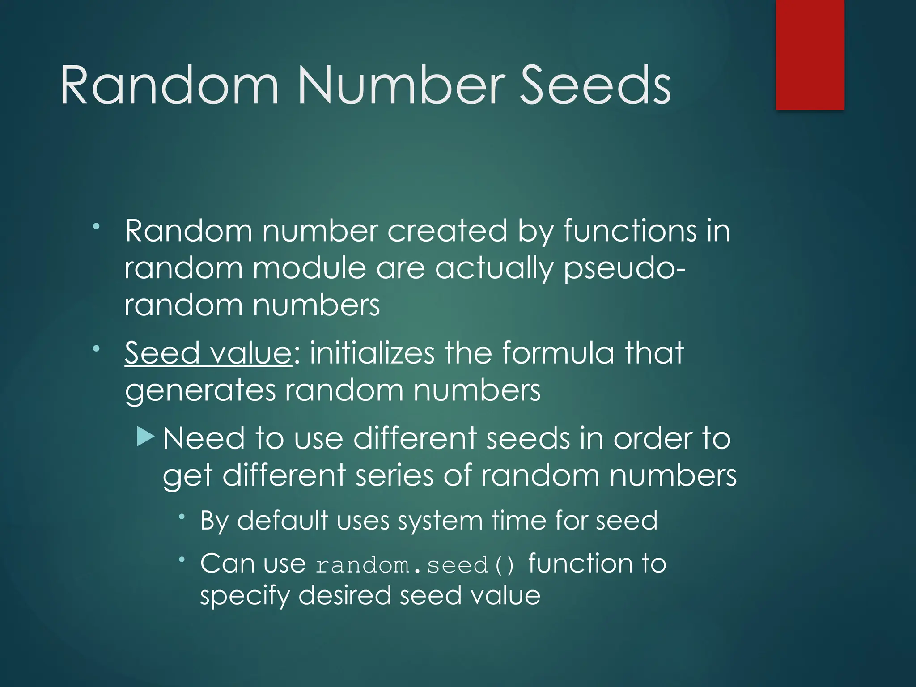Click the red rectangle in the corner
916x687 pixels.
click(810, 55)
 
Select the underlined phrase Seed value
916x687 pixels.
click(208, 353)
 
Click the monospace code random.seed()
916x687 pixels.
click(416, 565)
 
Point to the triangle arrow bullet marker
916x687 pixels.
click(146, 436)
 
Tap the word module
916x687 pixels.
click(309, 268)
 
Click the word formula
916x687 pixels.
click(558, 353)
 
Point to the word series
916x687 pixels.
click(394, 475)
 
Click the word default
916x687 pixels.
click(283, 521)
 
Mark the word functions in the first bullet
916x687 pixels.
click(630, 231)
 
